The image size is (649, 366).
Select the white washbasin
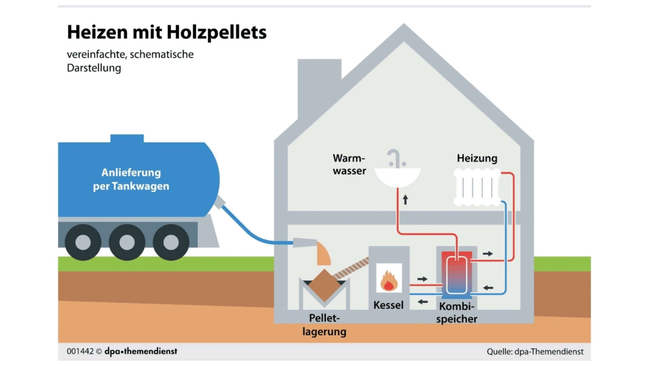(397, 177)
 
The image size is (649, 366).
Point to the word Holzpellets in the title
(217, 33)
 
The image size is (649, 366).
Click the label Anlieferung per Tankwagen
(131, 179)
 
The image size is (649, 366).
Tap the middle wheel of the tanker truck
(127, 242)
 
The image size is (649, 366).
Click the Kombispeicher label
(457, 313)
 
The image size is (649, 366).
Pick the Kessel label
(388, 305)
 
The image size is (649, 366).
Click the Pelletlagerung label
(324, 325)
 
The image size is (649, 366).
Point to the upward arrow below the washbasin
(405, 199)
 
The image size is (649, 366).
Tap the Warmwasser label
(349, 164)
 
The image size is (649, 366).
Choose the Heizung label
(477, 158)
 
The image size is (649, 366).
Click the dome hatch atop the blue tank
(127, 138)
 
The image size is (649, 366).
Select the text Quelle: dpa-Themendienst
(535, 352)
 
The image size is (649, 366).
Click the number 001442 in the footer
(80, 351)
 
